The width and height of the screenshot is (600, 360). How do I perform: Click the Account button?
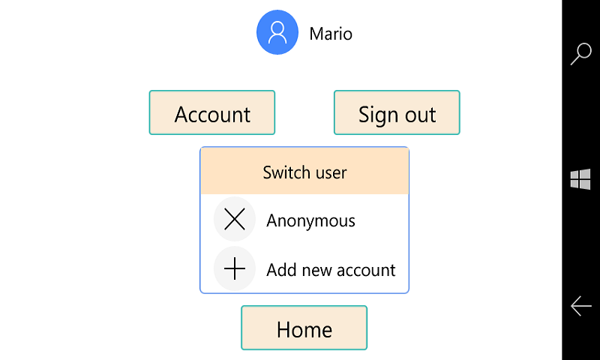click(x=212, y=112)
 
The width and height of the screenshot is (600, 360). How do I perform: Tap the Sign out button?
click(x=397, y=112)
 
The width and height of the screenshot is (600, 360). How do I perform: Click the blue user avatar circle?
click(x=277, y=32)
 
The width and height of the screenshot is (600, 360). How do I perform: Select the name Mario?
click(x=331, y=34)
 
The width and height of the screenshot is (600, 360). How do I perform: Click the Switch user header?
click(x=304, y=171)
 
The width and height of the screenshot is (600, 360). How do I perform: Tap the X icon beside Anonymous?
click(x=235, y=219)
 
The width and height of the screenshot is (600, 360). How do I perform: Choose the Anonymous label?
click(x=310, y=221)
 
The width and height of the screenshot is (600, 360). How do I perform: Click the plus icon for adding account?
click(x=235, y=268)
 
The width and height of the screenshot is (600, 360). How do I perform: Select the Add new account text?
click(x=331, y=270)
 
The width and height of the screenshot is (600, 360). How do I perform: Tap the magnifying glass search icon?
click(x=580, y=54)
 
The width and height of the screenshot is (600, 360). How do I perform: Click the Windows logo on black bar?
click(x=580, y=179)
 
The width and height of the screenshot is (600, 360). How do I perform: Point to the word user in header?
click(x=331, y=173)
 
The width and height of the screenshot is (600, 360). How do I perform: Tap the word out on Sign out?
click(x=420, y=115)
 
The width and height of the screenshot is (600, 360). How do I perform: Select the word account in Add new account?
click(x=366, y=271)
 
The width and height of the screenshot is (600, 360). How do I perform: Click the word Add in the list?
click(x=282, y=270)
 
